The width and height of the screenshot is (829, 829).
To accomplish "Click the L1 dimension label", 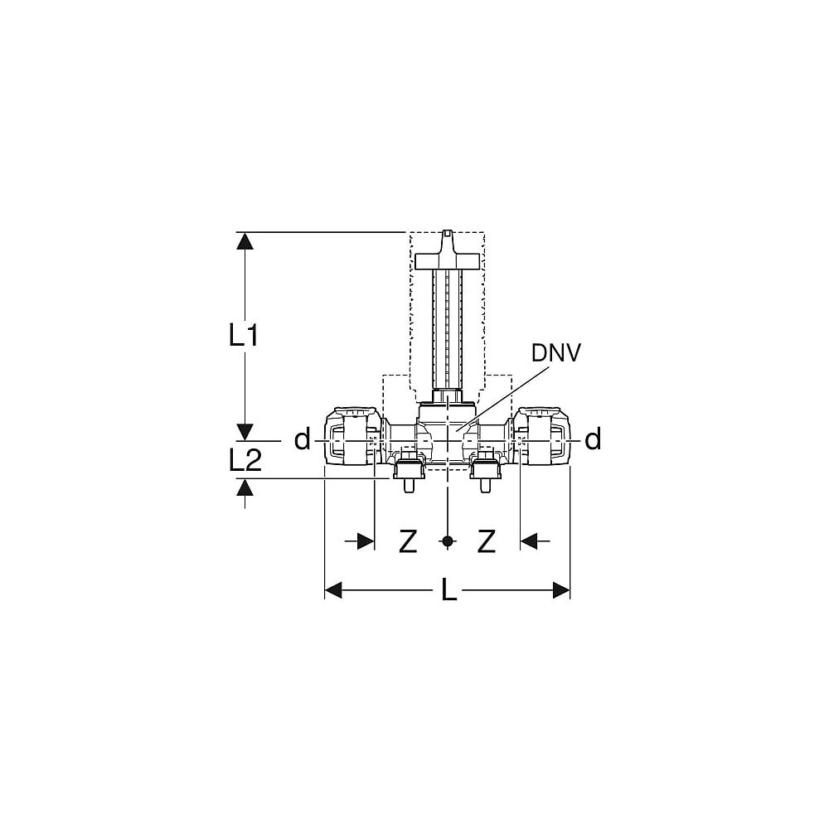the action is [244, 336].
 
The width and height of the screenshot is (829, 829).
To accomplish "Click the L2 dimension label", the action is [245, 460].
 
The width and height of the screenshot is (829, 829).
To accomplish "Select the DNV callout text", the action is [555, 353].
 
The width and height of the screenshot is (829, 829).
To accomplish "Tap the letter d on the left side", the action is [302, 439].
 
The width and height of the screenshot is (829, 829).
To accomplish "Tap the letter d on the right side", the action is [594, 439].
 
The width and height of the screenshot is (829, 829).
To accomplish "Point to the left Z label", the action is [408, 541].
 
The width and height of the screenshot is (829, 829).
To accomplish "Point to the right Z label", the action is [487, 541].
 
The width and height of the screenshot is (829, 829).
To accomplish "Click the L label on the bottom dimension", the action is [448, 589].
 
